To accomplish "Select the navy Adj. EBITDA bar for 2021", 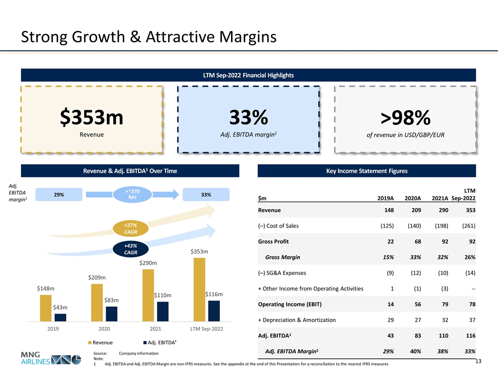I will click(x=163, y=311).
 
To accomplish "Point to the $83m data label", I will click(x=111, y=300).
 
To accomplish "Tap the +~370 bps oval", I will click(x=131, y=194).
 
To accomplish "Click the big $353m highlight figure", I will click(x=91, y=117).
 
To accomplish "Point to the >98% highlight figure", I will click(x=406, y=119).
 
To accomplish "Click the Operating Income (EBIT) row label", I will click(x=290, y=304).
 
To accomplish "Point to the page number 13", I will click(x=478, y=361).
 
